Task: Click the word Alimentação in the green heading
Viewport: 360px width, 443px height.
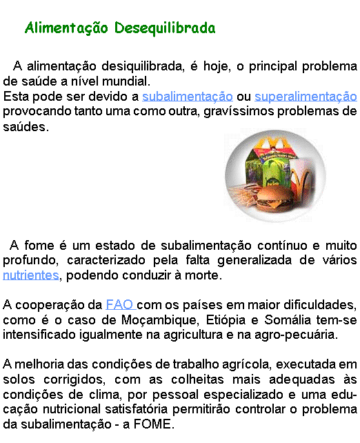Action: (x=67, y=28)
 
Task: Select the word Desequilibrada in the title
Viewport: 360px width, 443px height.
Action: (x=165, y=28)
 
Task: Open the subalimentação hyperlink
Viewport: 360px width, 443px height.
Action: (x=188, y=97)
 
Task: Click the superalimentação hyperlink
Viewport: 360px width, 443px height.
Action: (x=306, y=97)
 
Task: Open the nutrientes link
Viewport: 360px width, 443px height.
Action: (x=31, y=275)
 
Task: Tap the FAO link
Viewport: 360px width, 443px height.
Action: (x=120, y=305)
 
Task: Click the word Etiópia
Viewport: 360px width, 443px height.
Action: (x=226, y=320)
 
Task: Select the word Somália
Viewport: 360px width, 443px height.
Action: (x=288, y=319)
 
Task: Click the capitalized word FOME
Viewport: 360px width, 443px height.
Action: (x=152, y=424)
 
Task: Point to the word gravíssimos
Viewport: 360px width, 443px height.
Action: (x=239, y=111)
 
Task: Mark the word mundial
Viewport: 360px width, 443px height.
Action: (x=126, y=81)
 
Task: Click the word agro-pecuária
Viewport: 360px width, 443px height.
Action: (x=296, y=335)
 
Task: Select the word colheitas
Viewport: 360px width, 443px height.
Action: (x=197, y=380)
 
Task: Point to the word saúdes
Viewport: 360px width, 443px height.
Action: (x=26, y=126)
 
